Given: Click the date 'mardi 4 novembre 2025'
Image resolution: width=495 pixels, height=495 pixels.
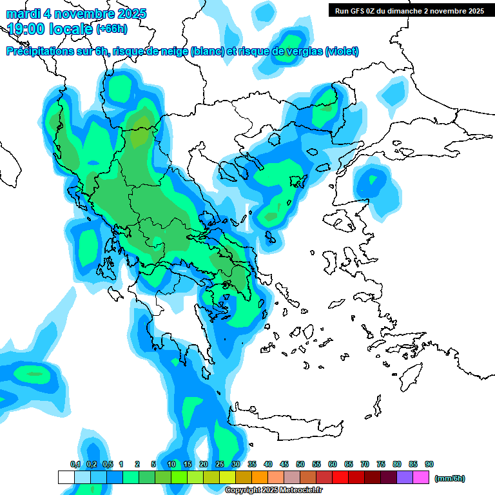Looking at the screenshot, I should pos(77,14).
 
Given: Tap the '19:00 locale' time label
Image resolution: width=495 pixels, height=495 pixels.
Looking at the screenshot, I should pos(50,28).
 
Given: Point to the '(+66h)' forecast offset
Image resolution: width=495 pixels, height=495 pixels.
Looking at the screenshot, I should pos(112,29).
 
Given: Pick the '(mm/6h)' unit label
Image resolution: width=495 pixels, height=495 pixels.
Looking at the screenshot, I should pos(449,478).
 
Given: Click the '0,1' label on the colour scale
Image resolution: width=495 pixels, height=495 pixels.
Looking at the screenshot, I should pos(75,465).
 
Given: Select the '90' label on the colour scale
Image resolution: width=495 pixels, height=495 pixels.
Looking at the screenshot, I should pos(429,465).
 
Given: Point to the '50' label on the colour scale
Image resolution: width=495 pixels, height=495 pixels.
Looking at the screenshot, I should pos(300,465).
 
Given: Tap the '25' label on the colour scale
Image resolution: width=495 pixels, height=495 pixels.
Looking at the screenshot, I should pos(220,465).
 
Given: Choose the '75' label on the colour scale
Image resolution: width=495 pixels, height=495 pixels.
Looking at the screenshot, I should pos(381,465).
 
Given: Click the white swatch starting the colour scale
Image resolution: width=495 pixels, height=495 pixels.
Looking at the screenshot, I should pos(66,478).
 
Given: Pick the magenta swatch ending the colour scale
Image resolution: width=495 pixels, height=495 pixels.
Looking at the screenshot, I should pos(421,478).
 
